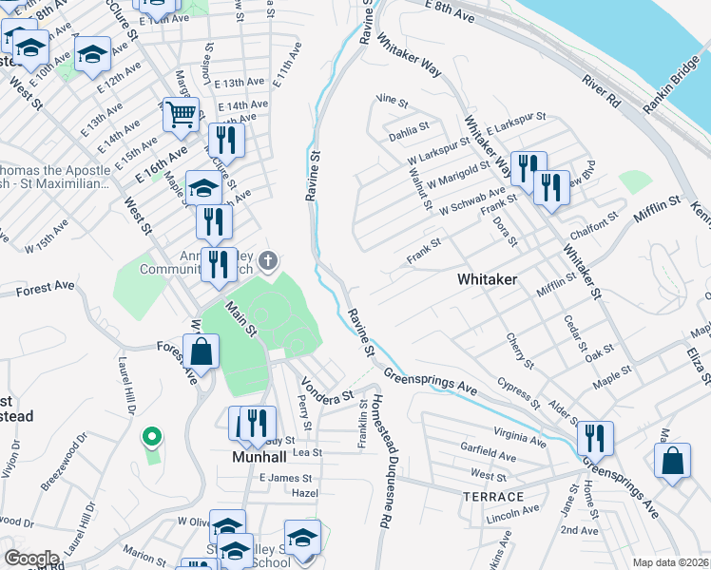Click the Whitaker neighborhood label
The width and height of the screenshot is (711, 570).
487,279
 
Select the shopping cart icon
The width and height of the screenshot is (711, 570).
181,115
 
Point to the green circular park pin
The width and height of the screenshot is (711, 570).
150,437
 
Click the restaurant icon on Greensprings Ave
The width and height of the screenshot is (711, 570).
595,438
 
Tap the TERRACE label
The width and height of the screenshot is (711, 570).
493,497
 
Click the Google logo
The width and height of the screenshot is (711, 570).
31,559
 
